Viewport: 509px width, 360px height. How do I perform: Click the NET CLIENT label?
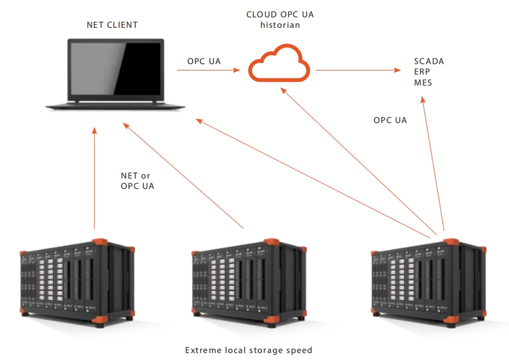[x=112, y=25]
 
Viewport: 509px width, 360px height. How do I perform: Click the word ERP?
[x=422, y=72]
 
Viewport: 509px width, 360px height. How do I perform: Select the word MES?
[x=423, y=83]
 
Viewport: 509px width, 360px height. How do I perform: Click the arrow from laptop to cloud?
[x=208, y=70]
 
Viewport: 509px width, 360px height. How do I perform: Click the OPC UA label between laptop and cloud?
[x=204, y=61]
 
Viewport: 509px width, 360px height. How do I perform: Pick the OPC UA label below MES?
[x=390, y=120]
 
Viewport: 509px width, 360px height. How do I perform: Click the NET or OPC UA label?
[x=137, y=181]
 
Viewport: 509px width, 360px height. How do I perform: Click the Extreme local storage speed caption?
[x=249, y=350]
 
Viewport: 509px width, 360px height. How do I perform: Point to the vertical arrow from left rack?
[x=94, y=179]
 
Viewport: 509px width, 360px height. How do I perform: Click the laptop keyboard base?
[x=116, y=105]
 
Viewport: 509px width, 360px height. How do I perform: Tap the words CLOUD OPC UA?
[x=275, y=14]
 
